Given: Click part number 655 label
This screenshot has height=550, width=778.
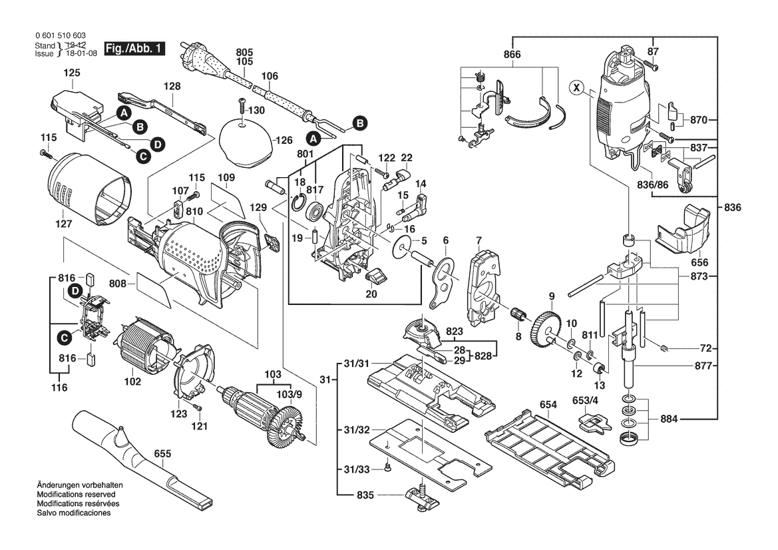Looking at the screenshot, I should [x=162, y=454].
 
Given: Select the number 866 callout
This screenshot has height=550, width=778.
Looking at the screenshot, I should [x=512, y=54].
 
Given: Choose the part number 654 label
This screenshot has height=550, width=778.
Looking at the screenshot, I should [x=548, y=404].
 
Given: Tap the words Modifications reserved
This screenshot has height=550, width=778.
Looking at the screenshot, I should [x=76, y=495].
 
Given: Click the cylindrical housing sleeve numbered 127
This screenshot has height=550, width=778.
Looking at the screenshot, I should [x=88, y=190].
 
